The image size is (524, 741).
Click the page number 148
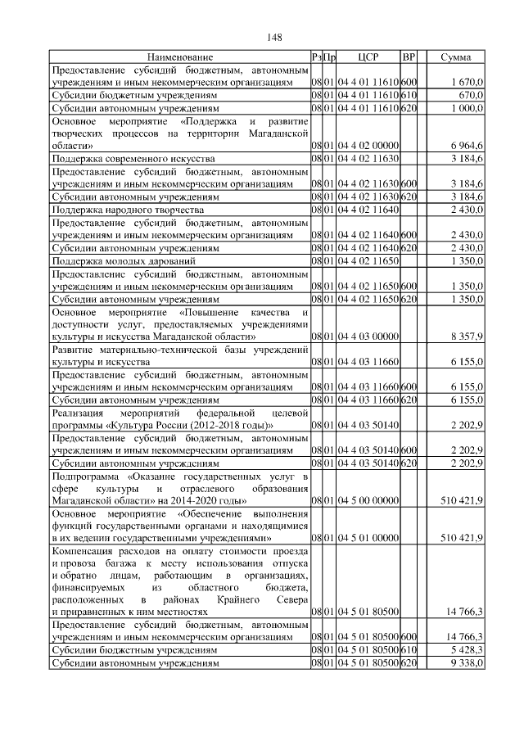pyautogui.click(x=274, y=37)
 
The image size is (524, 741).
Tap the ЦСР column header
pyautogui.click(x=368, y=57)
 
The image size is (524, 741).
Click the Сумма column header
pyautogui.click(x=454, y=57)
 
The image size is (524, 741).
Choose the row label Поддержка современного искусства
pyautogui.click(x=133, y=156)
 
